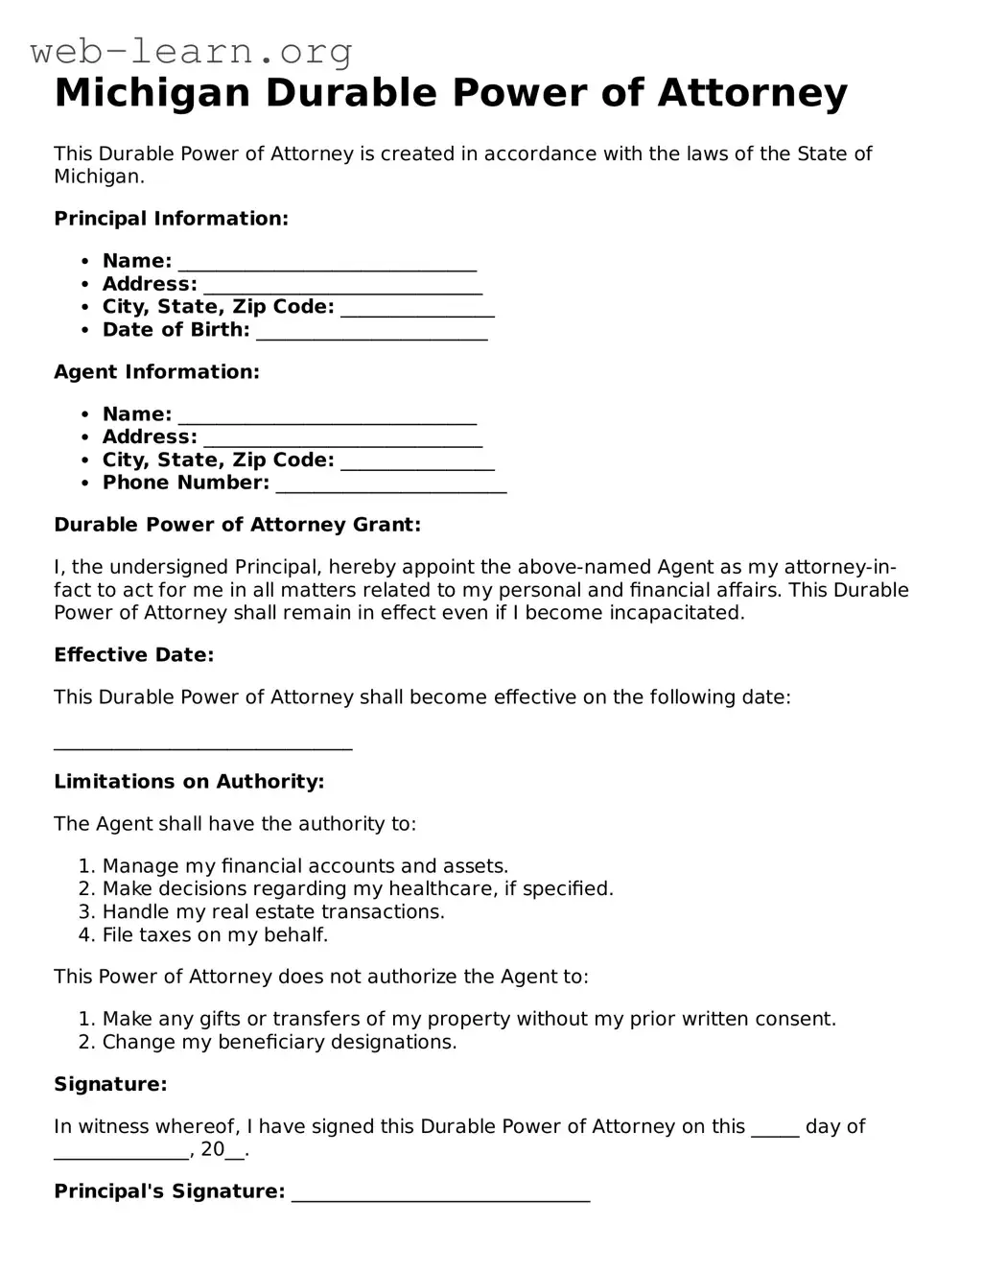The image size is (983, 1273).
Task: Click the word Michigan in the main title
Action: [x=152, y=93]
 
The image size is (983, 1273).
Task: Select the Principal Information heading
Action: [x=171, y=219]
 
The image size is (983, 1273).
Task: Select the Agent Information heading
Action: [x=156, y=372]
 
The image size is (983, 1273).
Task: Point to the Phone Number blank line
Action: [x=390, y=486]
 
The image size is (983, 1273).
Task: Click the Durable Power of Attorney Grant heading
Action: [x=237, y=525]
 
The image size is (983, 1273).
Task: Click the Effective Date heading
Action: [x=133, y=655]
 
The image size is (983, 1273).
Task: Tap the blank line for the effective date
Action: [x=202, y=745]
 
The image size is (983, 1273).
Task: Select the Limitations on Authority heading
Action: [x=189, y=782]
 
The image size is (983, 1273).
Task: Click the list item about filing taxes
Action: [x=215, y=935]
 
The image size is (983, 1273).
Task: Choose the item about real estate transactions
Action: [x=272, y=912]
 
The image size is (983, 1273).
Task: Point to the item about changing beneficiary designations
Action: [x=279, y=1043]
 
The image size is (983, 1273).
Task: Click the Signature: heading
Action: [x=110, y=1085]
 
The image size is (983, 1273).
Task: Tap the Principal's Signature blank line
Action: [x=440, y=1195]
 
